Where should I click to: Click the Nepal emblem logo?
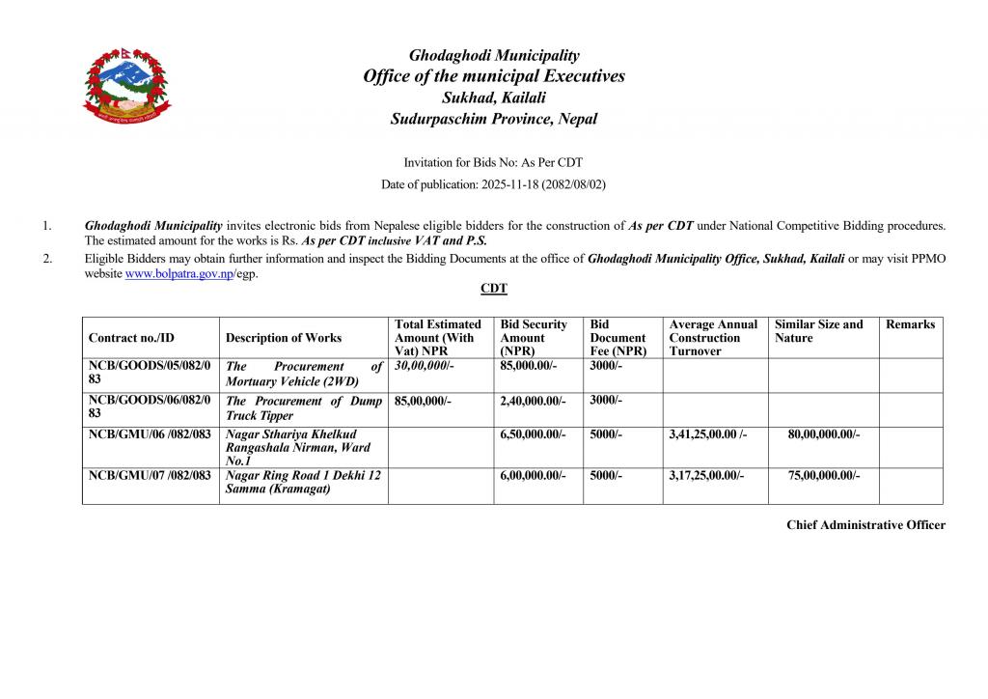pyautogui.click(x=121, y=89)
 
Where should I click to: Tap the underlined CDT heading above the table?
pyautogui.click(x=494, y=289)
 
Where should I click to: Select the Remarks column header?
pyautogui.click(x=910, y=324)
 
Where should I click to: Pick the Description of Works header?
pyautogui.click(x=284, y=338)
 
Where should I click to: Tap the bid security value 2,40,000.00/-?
pyautogui.click(x=534, y=401)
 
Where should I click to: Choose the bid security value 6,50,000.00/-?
pyautogui.click(x=534, y=434)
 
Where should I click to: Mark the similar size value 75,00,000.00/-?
pyautogui.click(x=824, y=475)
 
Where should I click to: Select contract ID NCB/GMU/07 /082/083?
pyautogui.click(x=150, y=475)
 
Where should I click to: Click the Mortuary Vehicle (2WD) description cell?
pyautogui.click(x=304, y=374)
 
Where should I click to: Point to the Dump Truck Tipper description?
pyautogui.click(x=304, y=408)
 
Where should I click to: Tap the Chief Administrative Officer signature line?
pyautogui.click(x=865, y=524)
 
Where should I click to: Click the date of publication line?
pyautogui.click(x=493, y=183)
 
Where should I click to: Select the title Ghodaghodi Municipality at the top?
pyautogui.click(x=494, y=55)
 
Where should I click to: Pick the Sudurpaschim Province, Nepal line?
pyautogui.click(x=494, y=119)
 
